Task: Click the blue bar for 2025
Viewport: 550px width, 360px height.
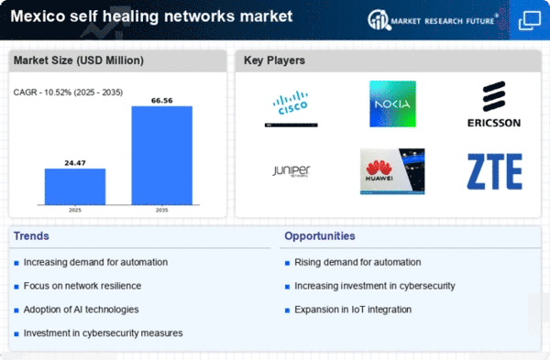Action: (75, 187)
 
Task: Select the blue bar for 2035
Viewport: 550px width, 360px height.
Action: (162, 156)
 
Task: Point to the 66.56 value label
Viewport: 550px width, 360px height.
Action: (162, 101)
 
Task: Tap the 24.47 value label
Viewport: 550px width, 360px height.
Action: (75, 163)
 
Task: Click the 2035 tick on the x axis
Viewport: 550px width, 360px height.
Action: (162, 211)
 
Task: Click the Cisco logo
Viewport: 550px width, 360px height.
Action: (291, 108)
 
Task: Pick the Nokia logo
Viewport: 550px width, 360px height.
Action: (392, 104)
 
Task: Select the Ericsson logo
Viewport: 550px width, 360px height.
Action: (494, 104)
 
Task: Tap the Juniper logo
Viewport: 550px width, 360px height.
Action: (291, 171)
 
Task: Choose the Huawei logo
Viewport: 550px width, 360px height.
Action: (392, 171)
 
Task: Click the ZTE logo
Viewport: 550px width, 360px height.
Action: (495, 171)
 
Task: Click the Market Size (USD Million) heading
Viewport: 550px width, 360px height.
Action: (79, 60)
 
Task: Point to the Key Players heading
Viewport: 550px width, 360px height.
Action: (274, 60)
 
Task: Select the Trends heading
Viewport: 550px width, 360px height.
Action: (31, 236)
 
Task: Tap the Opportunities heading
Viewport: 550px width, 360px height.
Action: (320, 236)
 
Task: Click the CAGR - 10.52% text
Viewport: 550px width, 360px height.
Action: (42, 93)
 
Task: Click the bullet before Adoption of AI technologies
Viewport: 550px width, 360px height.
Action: (16, 311)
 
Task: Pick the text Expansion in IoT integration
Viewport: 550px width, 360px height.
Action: (353, 310)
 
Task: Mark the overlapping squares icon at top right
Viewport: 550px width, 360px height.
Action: (529, 20)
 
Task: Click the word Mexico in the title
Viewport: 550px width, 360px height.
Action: (38, 16)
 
